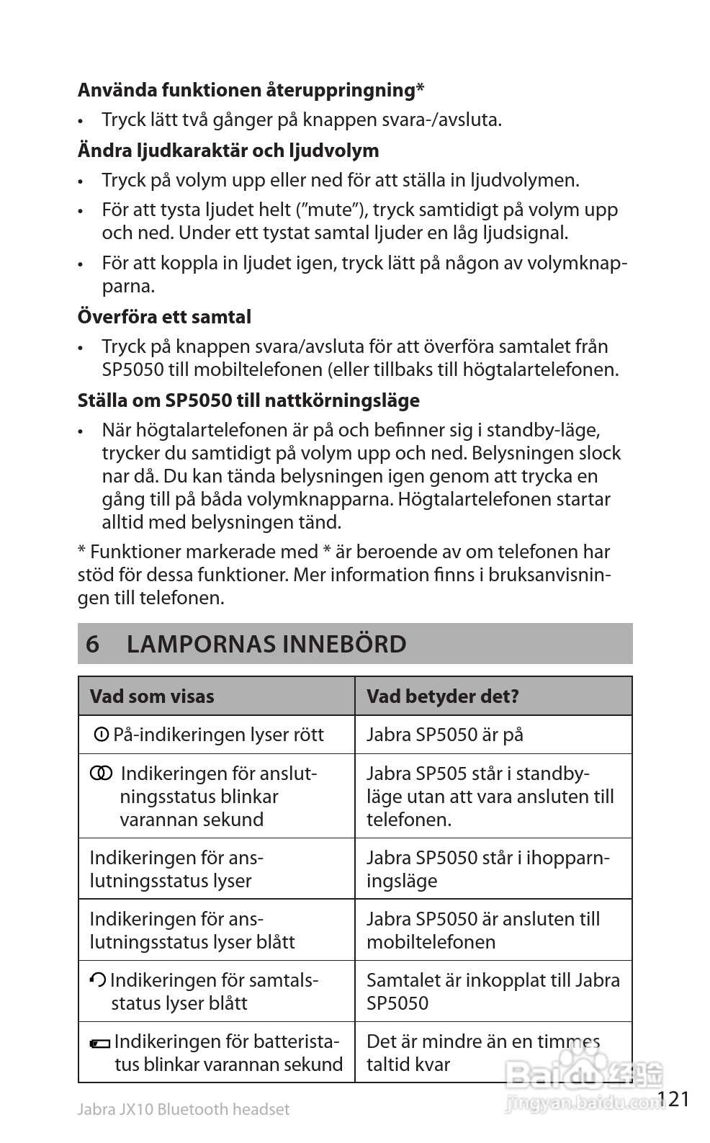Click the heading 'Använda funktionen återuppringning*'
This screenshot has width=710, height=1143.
[x=251, y=91]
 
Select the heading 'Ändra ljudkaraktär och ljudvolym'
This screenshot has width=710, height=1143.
[x=228, y=151]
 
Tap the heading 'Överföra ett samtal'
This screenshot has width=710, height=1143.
[x=164, y=317]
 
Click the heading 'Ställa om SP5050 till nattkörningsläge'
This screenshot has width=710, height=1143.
[x=248, y=400]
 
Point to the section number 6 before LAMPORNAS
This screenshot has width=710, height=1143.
[x=92, y=644]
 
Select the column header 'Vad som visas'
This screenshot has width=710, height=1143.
[x=152, y=696]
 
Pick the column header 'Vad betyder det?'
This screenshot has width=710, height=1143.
[x=442, y=696]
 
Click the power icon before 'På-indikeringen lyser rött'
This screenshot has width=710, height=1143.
[x=102, y=735]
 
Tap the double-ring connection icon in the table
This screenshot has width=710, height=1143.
[x=101, y=774]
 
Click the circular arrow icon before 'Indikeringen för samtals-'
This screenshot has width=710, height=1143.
[x=97, y=980]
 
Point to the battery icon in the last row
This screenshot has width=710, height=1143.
[x=100, y=1043]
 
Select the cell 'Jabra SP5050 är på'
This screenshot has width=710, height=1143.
[x=444, y=735]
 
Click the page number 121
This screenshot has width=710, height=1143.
[x=673, y=1099]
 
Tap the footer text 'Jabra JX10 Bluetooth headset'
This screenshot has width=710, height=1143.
[x=184, y=1110]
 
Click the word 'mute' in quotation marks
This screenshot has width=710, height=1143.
[x=334, y=210]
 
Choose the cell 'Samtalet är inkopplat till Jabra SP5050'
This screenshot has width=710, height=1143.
[x=493, y=991]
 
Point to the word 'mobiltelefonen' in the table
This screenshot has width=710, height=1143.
[x=431, y=942]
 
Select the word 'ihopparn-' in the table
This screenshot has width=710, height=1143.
[x=568, y=858]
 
